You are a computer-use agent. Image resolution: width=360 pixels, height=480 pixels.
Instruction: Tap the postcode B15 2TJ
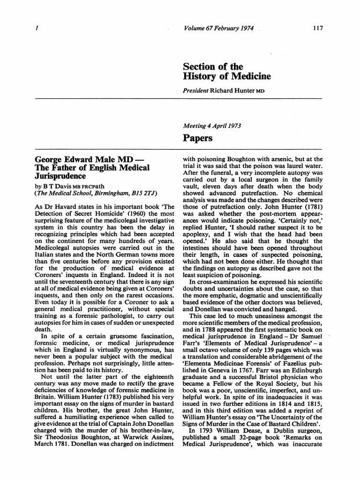coord(143,193)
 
